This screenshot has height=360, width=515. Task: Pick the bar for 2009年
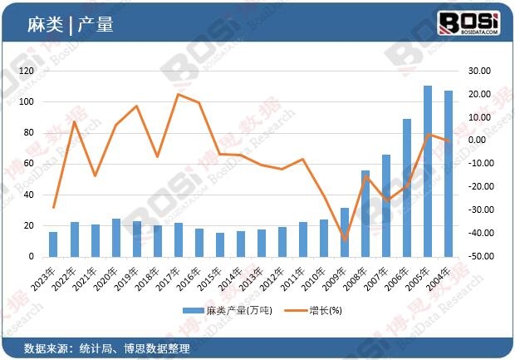point(345,232)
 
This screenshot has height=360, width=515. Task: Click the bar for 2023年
point(53,244)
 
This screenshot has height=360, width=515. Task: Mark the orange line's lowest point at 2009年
point(345,239)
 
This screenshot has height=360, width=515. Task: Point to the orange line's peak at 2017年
point(179,94)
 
